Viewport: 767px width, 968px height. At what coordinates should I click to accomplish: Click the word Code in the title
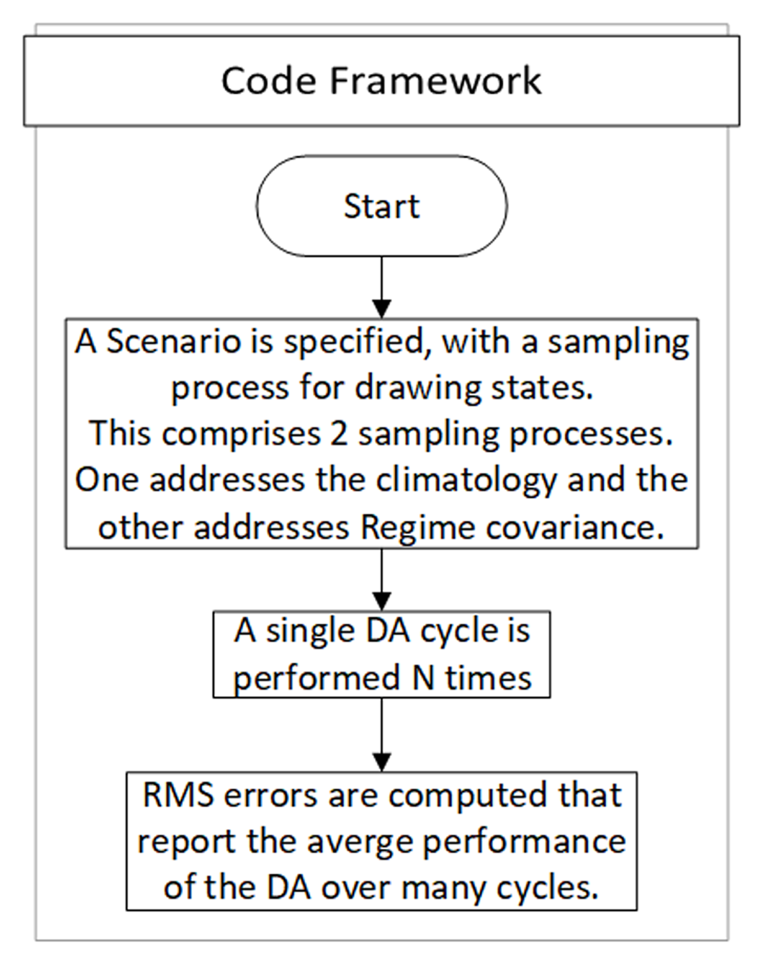268,81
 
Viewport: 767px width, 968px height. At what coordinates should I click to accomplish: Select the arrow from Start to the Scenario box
382,288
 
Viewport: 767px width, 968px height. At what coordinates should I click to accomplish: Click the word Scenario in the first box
173,342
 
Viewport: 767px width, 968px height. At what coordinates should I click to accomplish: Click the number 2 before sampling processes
339,434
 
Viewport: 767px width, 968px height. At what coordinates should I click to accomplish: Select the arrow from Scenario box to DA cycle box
382,579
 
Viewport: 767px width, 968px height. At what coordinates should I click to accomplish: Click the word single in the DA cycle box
311,632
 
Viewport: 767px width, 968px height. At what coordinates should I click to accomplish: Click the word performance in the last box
525,843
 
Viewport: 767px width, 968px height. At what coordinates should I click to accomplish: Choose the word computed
469,797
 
